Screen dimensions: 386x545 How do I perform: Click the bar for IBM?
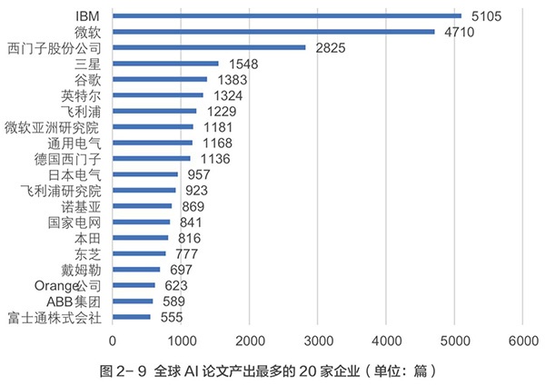(x=286, y=15)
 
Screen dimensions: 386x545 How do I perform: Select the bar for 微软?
(x=272, y=32)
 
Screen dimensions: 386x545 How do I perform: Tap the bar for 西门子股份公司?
(x=209, y=47)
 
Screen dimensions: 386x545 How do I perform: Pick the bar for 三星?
(x=165, y=64)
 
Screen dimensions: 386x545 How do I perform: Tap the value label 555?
(x=171, y=317)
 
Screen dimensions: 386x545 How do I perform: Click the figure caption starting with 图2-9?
(x=272, y=371)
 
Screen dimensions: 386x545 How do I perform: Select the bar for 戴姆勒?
(x=136, y=270)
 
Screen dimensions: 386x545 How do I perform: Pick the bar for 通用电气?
(x=153, y=143)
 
